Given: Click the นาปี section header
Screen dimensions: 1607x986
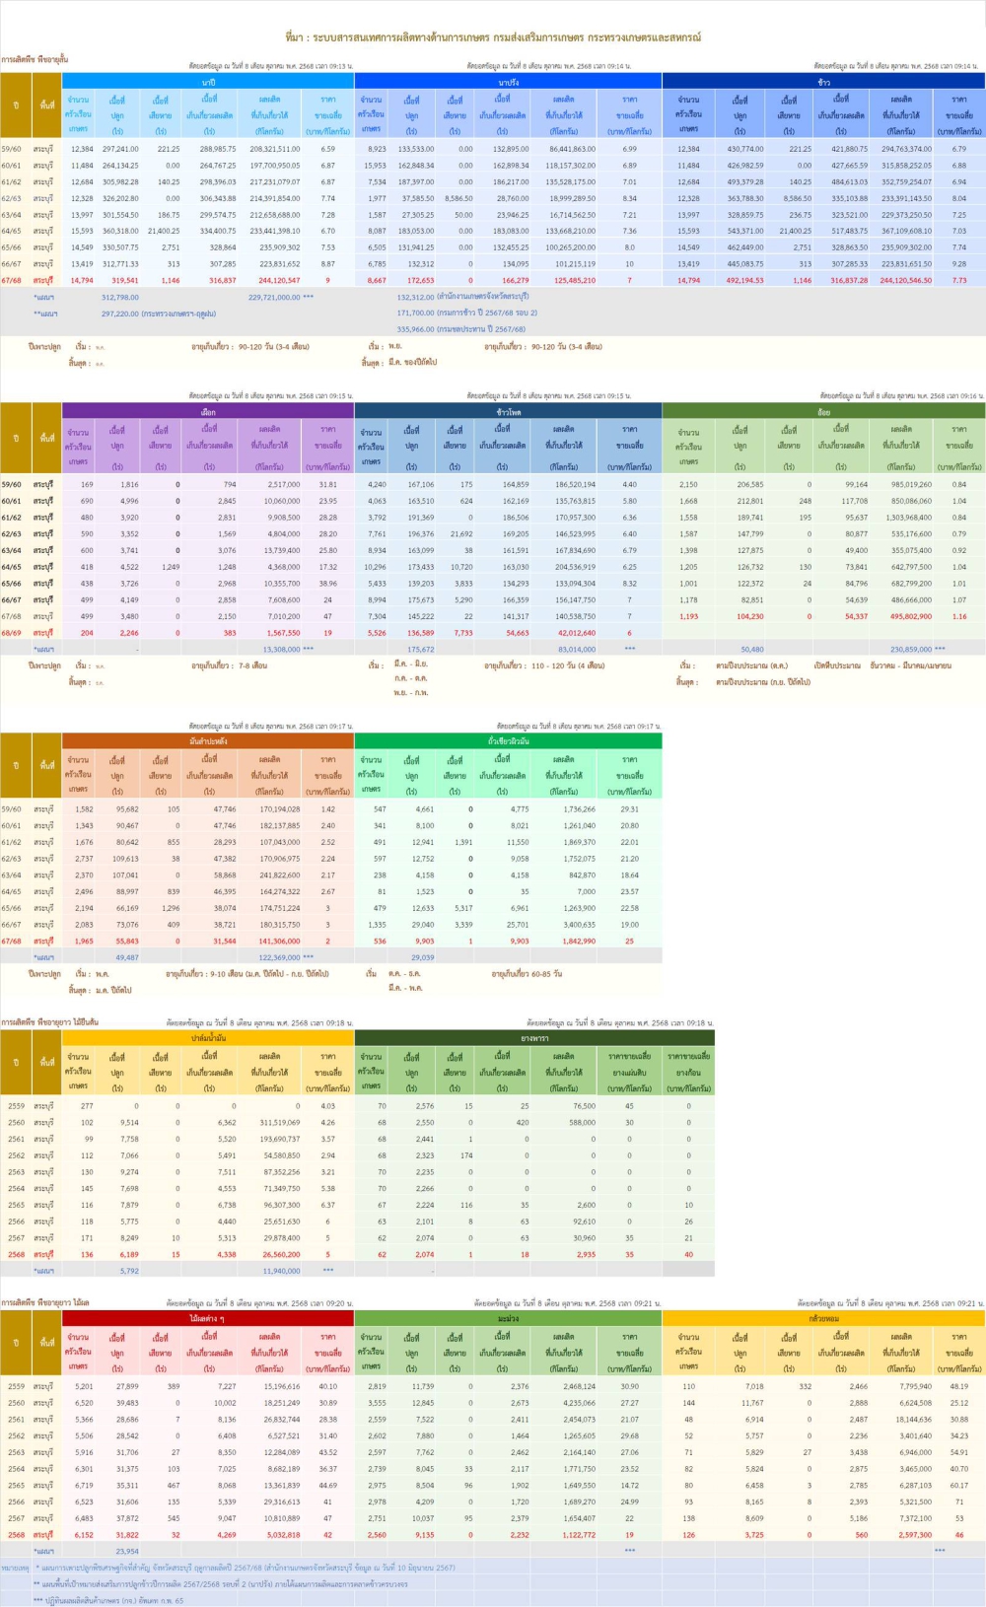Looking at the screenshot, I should [208, 82].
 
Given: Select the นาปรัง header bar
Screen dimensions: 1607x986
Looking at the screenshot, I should [508, 82].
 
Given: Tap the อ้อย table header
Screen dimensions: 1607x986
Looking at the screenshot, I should [823, 412].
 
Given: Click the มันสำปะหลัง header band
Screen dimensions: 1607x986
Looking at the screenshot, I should [208, 740].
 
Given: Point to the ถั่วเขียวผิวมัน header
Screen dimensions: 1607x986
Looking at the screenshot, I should [508, 740].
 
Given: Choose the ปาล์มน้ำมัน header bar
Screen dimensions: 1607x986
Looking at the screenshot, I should [208, 1038].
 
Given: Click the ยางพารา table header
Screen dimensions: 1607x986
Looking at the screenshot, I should [534, 1038].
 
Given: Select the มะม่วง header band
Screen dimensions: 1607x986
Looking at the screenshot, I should [508, 1318].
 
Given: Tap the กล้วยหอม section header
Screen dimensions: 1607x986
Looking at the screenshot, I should [823, 1318].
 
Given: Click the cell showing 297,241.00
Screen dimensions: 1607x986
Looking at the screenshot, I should [120, 149].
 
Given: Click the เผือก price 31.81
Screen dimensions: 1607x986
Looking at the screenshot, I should [327, 484].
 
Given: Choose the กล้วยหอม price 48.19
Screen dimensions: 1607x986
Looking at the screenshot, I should [958, 1386].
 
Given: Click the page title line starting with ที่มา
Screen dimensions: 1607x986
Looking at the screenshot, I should [493, 37].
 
